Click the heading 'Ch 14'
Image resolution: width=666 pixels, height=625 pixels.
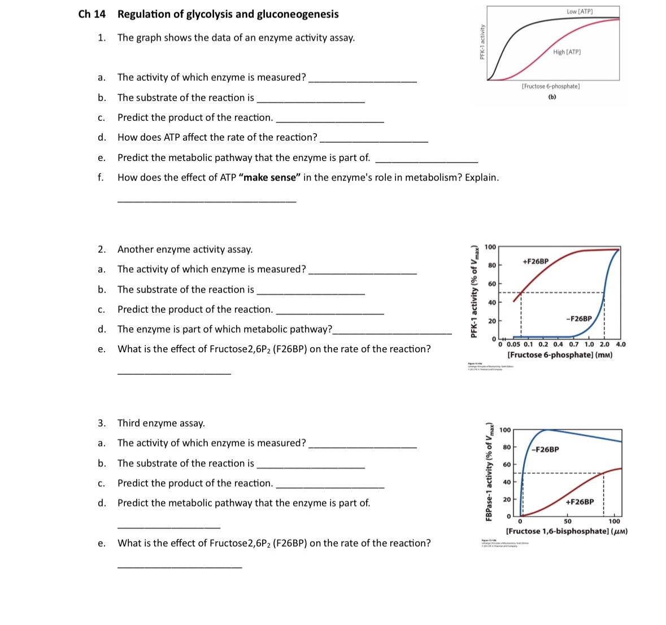click(92, 14)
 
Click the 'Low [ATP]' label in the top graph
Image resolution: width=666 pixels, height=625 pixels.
click(580, 11)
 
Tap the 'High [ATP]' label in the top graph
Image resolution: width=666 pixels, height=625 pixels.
click(567, 52)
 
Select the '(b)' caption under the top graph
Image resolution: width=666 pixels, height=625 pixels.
click(551, 97)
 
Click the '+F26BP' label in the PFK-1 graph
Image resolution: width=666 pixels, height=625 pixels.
click(535, 261)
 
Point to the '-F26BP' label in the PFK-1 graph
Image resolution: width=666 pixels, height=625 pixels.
click(579, 319)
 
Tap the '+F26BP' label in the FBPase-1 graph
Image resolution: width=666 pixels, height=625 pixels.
click(580, 502)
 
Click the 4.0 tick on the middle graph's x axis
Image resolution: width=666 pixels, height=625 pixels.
click(620, 344)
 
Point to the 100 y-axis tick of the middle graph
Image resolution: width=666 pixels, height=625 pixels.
click(490, 247)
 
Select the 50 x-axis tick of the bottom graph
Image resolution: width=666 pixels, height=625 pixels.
click(567, 522)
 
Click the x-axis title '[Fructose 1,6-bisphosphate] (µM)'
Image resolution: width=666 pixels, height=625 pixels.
click(567, 531)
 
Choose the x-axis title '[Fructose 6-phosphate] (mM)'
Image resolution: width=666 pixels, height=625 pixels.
click(559, 355)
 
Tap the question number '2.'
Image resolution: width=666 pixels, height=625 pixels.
click(101, 250)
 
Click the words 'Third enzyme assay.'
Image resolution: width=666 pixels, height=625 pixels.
click(161, 423)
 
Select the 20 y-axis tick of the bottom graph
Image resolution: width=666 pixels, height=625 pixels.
click(507, 500)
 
